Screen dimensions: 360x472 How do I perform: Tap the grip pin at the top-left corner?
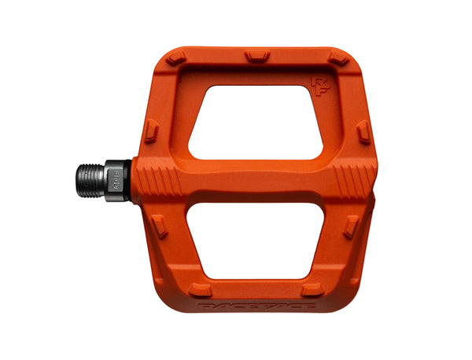175,58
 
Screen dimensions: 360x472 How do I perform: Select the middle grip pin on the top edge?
256,56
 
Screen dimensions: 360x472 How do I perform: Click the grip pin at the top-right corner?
338,59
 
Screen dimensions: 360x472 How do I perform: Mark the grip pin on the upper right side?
363,132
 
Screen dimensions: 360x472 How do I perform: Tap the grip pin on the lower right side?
351,226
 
